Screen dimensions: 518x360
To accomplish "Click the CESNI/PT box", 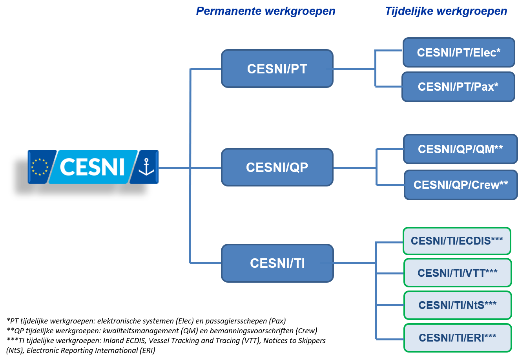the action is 277,68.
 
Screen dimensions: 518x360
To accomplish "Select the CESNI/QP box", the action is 277,167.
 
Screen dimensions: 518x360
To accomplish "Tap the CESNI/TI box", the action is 277,263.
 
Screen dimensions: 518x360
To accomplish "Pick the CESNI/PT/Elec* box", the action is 459,53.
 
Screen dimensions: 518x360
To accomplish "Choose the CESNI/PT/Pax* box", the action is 458,87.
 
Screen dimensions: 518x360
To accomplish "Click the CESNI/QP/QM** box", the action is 460,149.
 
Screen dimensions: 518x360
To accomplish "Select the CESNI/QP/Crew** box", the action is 461,185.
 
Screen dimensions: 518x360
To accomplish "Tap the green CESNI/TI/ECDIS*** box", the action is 457,241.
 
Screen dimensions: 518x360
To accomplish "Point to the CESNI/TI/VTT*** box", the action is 458,273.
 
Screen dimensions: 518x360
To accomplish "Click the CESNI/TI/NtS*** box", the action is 458,305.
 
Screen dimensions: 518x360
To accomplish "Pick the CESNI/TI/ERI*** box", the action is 458,338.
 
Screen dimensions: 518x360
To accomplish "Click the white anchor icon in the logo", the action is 146,167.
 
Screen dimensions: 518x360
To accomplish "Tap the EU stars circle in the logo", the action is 40,167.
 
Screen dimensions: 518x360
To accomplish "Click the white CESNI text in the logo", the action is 92,167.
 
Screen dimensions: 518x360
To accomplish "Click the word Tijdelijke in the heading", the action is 409,11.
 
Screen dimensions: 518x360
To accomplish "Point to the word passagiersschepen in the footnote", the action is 235,321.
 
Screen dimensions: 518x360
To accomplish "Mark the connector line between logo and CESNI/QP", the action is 190,168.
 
